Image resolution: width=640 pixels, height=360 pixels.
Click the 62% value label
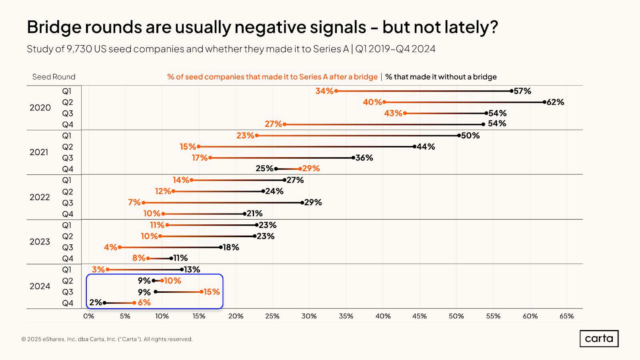[x=555, y=102]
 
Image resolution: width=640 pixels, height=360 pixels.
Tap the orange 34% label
[x=324, y=91]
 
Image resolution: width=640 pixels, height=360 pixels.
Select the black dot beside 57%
[x=511, y=91]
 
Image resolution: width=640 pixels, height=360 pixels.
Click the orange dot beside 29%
[x=300, y=169]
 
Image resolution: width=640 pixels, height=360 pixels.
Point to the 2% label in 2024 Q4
[x=96, y=302]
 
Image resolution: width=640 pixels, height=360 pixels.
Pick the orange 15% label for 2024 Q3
[x=212, y=292]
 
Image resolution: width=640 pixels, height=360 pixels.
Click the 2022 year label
[x=40, y=197]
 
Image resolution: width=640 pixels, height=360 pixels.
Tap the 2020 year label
[x=40, y=108]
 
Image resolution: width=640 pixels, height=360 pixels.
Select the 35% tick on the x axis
[x=346, y=316]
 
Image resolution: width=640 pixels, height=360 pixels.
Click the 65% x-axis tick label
[x=566, y=316]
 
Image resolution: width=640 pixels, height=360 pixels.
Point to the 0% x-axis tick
[x=88, y=316]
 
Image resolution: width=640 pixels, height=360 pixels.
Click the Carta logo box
[x=599, y=338]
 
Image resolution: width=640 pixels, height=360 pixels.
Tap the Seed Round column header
[x=54, y=77]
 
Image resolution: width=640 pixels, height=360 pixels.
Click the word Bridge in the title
[x=54, y=27]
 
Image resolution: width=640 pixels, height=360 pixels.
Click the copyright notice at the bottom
[x=107, y=339]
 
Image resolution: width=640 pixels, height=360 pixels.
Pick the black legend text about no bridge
[x=441, y=77]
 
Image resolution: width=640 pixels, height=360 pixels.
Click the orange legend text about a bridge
[x=272, y=77]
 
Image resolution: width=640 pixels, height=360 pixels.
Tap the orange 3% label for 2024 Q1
[x=98, y=270]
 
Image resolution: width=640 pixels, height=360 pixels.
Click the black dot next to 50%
[x=459, y=136]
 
